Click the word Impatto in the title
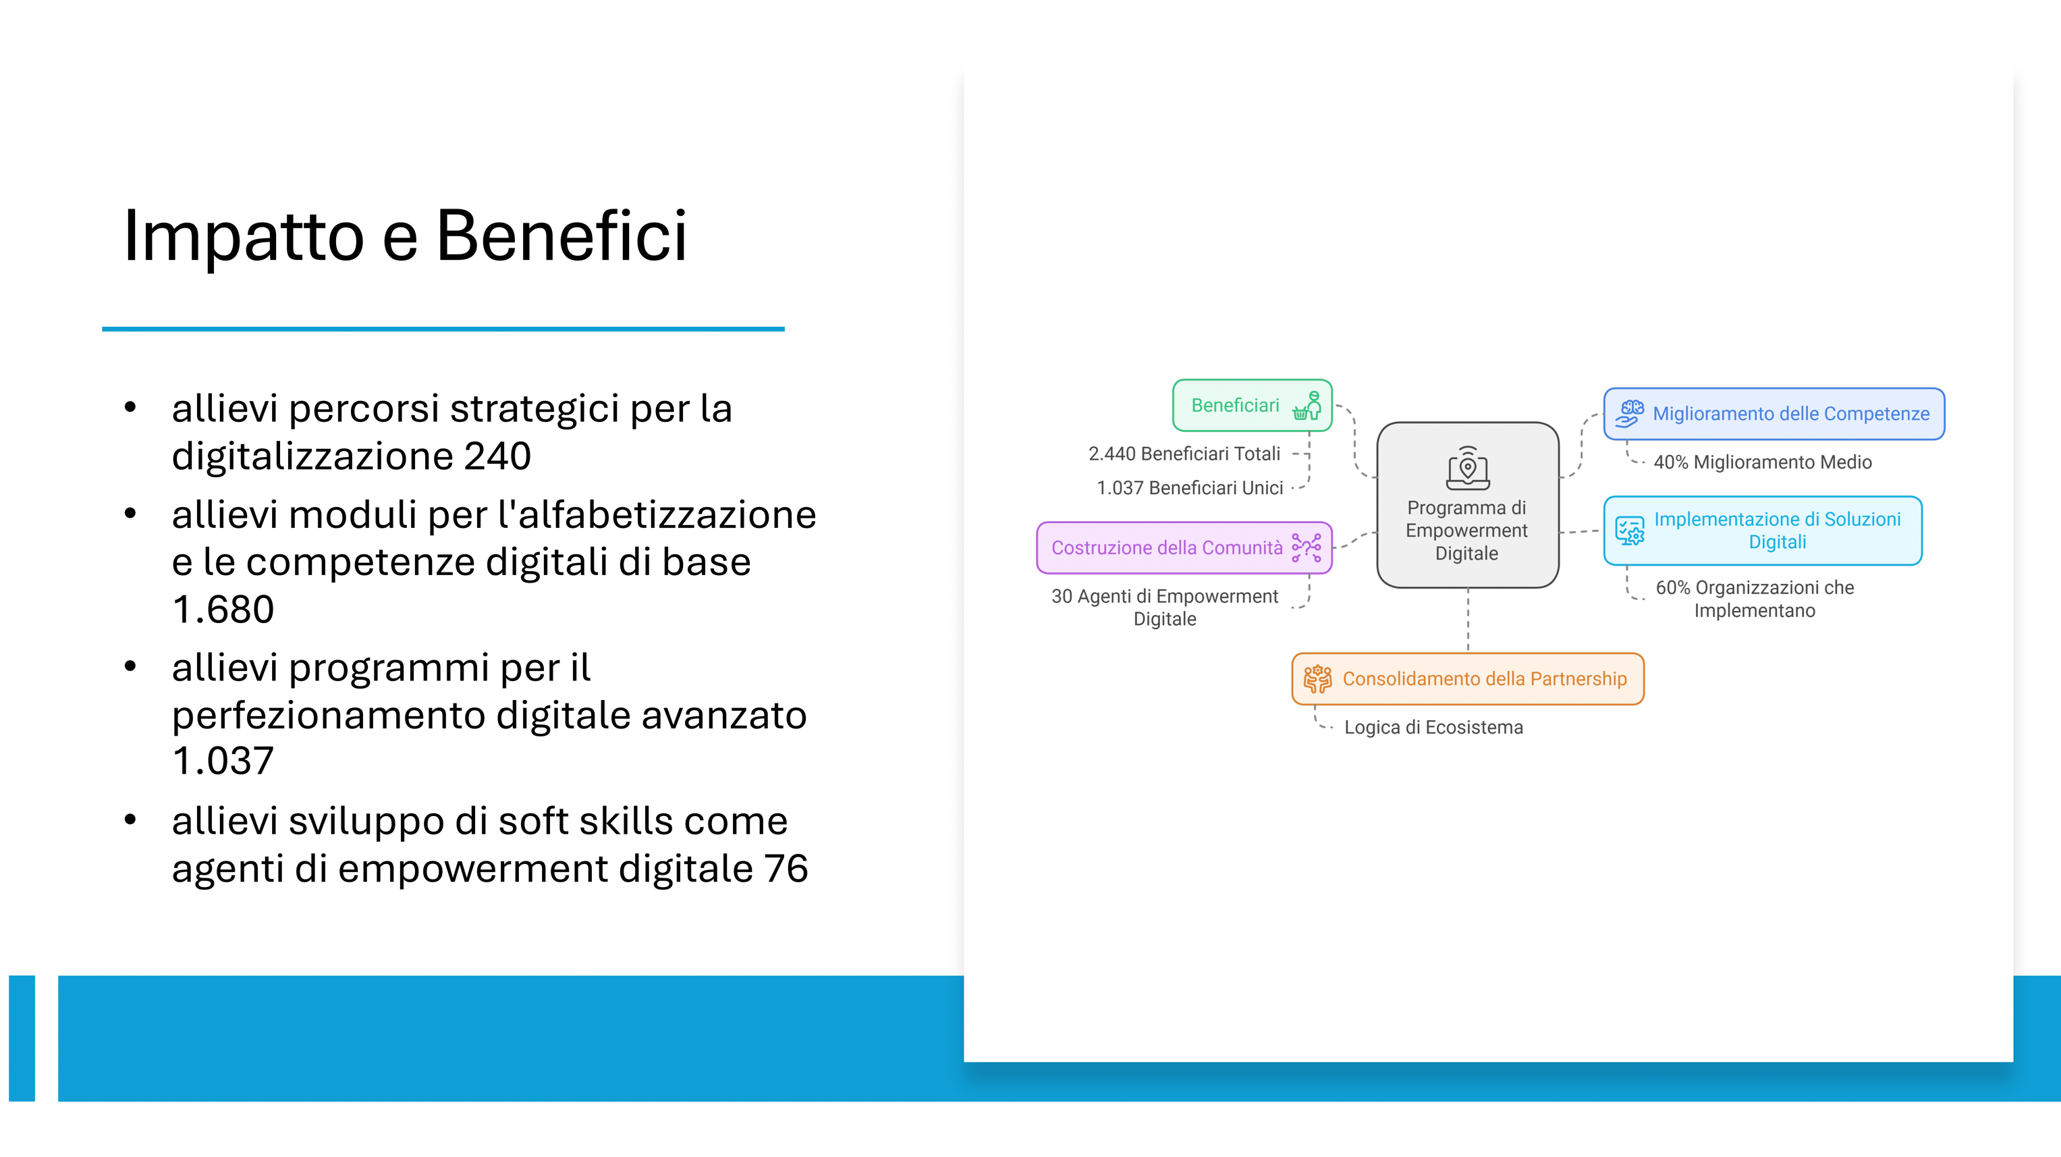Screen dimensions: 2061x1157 coord(244,237)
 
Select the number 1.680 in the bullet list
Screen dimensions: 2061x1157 coord(223,609)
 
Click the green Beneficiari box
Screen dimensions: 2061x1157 coord(1252,406)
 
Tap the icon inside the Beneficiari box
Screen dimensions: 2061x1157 coord(1307,406)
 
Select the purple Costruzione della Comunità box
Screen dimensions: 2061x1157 coord(1184,548)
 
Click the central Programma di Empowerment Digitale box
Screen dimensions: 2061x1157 coord(1467,505)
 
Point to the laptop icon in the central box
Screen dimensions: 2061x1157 coord(1467,467)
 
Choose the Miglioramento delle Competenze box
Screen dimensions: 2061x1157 coord(1774,414)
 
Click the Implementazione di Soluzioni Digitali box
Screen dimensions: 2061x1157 coord(1763,531)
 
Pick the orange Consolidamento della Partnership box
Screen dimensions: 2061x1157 coord(1467,678)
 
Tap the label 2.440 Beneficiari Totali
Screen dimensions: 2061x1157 coord(1184,454)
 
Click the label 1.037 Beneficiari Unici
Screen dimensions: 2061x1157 coord(1190,488)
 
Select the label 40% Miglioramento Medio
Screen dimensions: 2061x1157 coord(1763,462)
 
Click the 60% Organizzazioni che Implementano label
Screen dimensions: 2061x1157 coord(1755,599)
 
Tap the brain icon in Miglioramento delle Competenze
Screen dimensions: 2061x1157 coord(1629,413)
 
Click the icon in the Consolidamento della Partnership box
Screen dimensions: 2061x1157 coord(1318,678)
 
